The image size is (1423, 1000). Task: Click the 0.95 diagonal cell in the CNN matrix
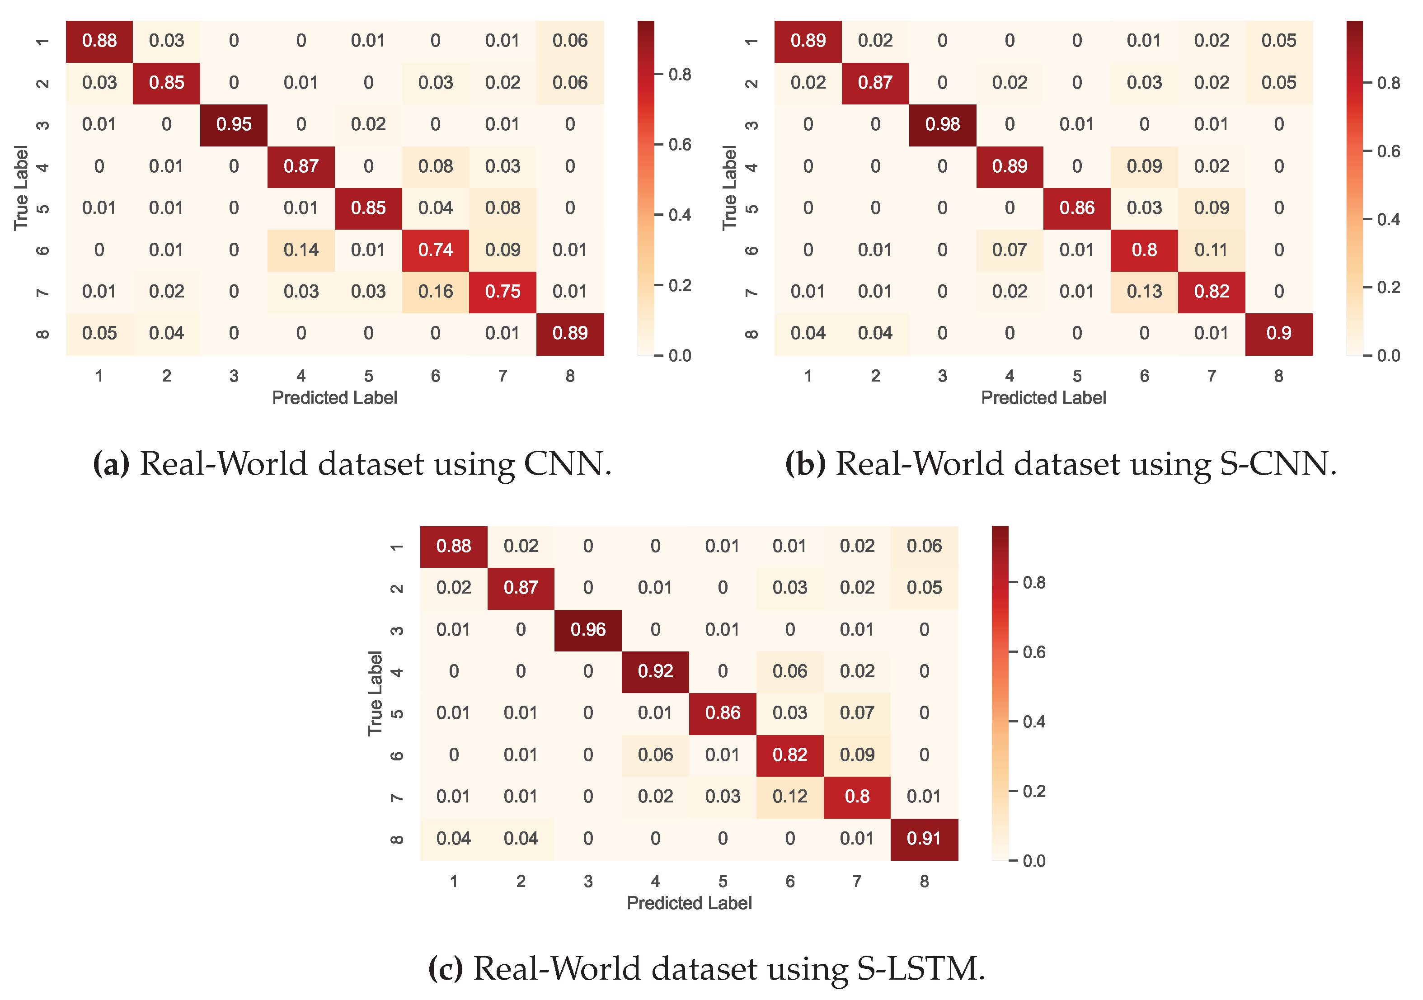(x=234, y=125)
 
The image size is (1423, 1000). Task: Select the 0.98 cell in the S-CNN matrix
(x=942, y=125)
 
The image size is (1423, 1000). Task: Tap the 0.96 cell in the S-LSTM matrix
(x=587, y=630)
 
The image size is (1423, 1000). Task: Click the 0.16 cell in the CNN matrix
(x=435, y=292)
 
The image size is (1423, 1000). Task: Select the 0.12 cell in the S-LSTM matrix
(x=789, y=797)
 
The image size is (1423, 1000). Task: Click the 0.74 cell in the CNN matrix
(x=435, y=250)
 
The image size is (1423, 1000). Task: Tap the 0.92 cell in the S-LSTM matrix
(x=655, y=671)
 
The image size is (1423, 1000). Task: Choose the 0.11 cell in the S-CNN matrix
(x=1211, y=250)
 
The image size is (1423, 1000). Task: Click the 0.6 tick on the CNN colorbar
(x=679, y=145)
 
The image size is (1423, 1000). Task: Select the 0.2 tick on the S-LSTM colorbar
(x=1033, y=792)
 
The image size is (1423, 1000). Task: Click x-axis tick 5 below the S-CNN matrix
(x=1076, y=376)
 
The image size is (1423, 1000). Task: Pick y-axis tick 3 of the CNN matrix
(x=42, y=125)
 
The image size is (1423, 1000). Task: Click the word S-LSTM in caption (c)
(x=920, y=969)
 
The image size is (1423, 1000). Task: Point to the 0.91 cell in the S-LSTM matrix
(x=924, y=839)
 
